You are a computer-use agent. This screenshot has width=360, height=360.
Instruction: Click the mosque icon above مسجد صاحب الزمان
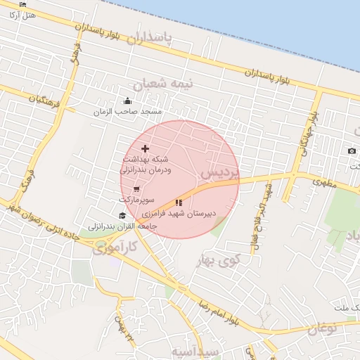[x=127, y=101]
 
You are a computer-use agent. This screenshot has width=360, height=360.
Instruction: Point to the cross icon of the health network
[x=146, y=148]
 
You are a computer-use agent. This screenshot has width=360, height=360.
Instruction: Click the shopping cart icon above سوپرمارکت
[x=136, y=189]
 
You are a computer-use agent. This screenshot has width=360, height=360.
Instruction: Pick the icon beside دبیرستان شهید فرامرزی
[x=179, y=203]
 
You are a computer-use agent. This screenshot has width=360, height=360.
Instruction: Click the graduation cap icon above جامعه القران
[x=122, y=216]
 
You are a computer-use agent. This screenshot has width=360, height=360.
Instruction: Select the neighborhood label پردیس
[x=219, y=172]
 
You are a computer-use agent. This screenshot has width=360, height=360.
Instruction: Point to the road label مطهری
[x=325, y=182]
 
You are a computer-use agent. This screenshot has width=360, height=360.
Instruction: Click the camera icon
[x=352, y=151]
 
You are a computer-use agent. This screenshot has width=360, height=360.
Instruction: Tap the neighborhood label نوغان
[x=322, y=326]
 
